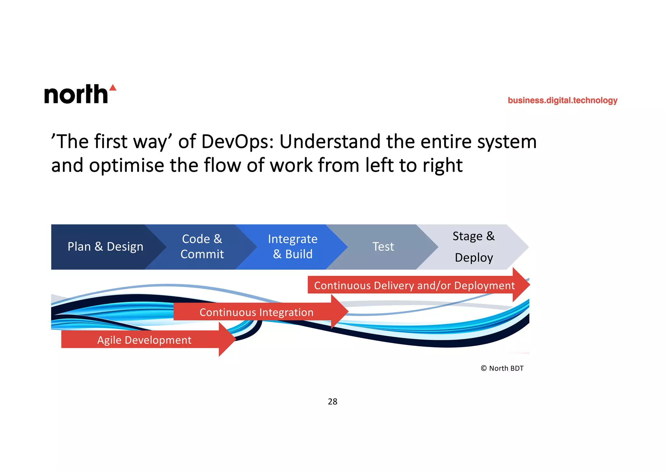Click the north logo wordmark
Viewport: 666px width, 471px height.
pos(76,94)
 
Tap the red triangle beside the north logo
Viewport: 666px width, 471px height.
pos(113,87)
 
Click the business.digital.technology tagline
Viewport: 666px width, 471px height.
pos(562,100)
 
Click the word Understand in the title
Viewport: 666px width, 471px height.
pos(330,142)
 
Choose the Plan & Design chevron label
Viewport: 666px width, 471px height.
pos(105,247)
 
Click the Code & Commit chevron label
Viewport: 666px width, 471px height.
pos(202,247)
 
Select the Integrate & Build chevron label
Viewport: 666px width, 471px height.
pos(293,247)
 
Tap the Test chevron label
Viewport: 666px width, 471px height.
pos(383,247)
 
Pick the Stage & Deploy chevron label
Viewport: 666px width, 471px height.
pos(474,247)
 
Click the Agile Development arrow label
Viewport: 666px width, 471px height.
pos(144,340)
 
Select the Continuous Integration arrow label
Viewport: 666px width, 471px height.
pos(256,312)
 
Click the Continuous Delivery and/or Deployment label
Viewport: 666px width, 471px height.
pos(414,286)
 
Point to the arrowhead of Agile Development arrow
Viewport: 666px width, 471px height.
pos(228,339)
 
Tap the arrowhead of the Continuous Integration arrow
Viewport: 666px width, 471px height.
pos(340,312)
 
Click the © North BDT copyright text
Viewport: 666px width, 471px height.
pos(502,368)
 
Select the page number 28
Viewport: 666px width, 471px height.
pos(332,402)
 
